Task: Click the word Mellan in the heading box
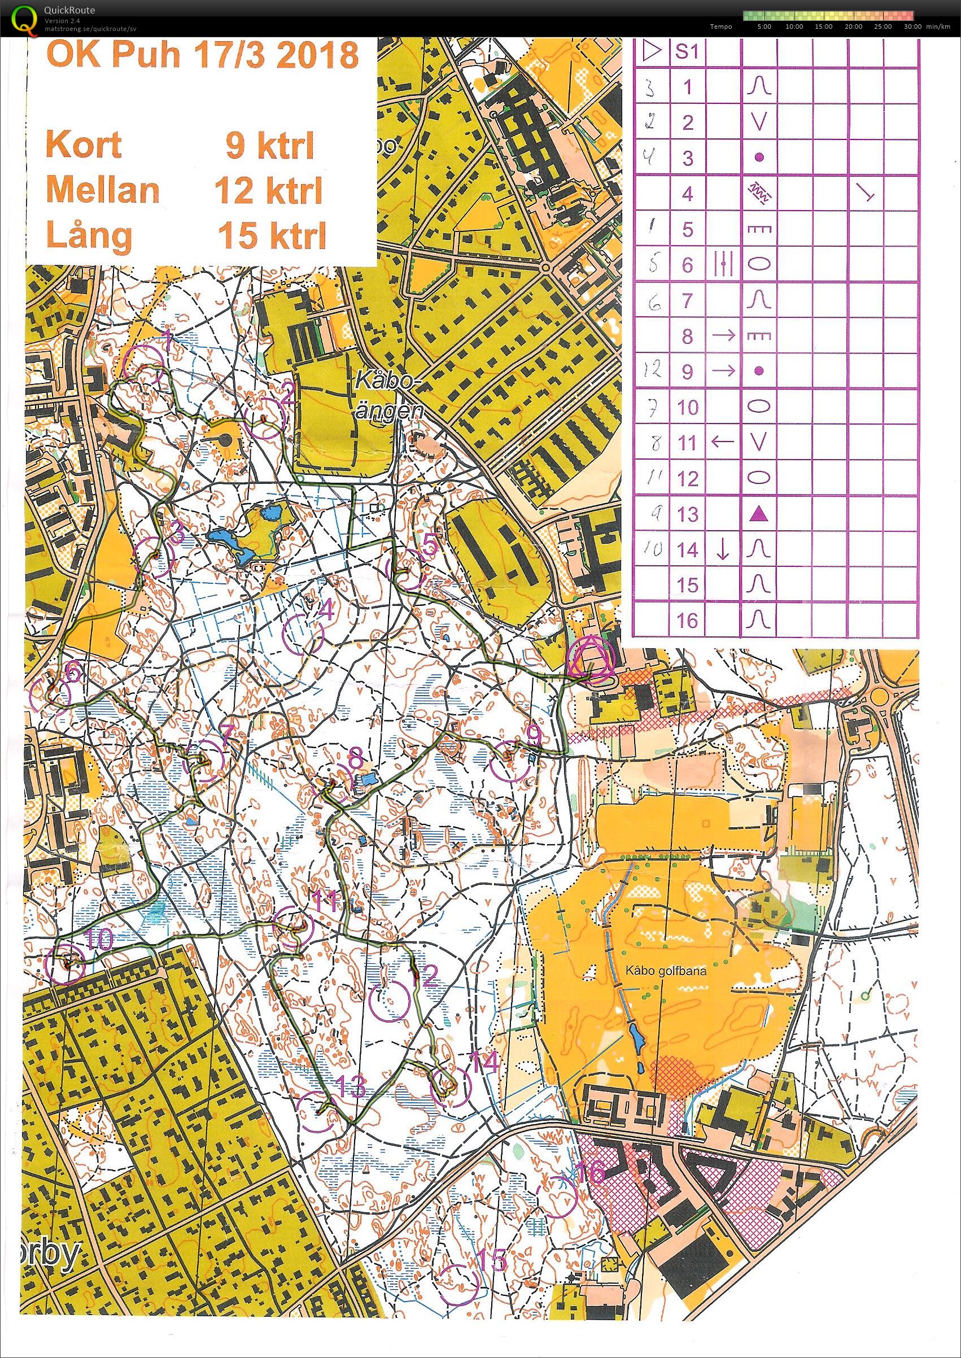click(x=102, y=190)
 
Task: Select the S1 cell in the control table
click(x=687, y=52)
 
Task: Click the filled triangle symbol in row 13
click(x=759, y=515)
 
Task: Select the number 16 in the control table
click(x=687, y=621)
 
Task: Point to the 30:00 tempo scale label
click(x=912, y=27)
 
